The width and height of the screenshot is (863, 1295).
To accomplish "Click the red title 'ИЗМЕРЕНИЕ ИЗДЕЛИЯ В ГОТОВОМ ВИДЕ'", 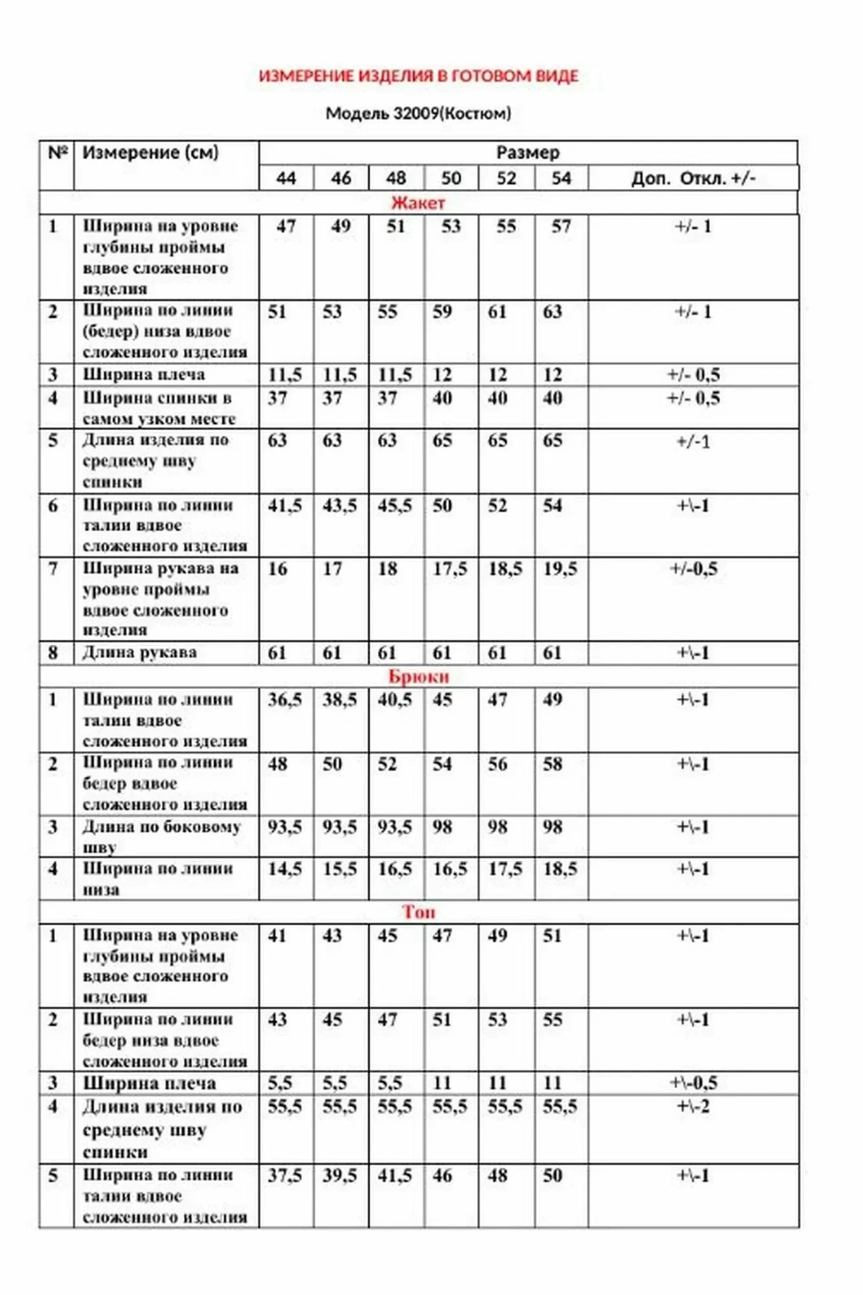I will pyautogui.click(x=418, y=76).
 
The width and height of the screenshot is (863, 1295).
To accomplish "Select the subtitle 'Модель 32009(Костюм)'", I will pyautogui.click(x=418, y=113).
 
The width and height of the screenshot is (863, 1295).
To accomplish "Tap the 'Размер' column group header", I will pyautogui.click(x=528, y=153).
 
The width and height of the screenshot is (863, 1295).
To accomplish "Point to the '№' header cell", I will pyautogui.click(x=57, y=153).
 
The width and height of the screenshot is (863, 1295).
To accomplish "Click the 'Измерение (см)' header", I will pyautogui.click(x=150, y=153).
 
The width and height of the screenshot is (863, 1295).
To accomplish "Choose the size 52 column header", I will pyautogui.click(x=506, y=178).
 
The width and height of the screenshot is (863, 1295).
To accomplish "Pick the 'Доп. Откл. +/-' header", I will pyautogui.click(x=693, y=178).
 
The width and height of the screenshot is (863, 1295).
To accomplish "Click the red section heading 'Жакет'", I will pyautogui.click(x=418, y=203).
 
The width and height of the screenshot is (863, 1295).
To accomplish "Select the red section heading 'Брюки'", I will pyautogui.click(x=418, y=677).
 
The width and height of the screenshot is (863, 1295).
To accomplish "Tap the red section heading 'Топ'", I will pyautogui.click(x=418, y=912).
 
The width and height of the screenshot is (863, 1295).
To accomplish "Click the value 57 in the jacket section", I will pyautogui.click(x=561, y=227).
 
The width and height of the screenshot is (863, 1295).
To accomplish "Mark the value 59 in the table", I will pyautogui.click(x=442, y=312).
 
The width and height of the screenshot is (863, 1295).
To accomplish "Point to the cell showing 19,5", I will pyautogui.click(x=560, y=569).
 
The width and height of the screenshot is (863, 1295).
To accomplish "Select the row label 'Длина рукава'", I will pyautogui.click(x=139, y=653).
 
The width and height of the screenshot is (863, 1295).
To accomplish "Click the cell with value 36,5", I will pyautogui.click(x=285, y=700).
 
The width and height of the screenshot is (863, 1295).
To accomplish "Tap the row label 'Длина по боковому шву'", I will pyautogui.click(x=161, y=837).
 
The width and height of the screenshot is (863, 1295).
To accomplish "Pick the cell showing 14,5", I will pyautogui.click(x=285, y=869).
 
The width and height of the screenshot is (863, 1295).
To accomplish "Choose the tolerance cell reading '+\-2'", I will pyautogui.click(x=693, y=1106).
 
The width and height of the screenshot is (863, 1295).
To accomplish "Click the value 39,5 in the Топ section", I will pyautogui.click(x=340, y=1175).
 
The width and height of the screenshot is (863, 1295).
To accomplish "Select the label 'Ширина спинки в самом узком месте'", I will pyautogui.click(x=159, y=408).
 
